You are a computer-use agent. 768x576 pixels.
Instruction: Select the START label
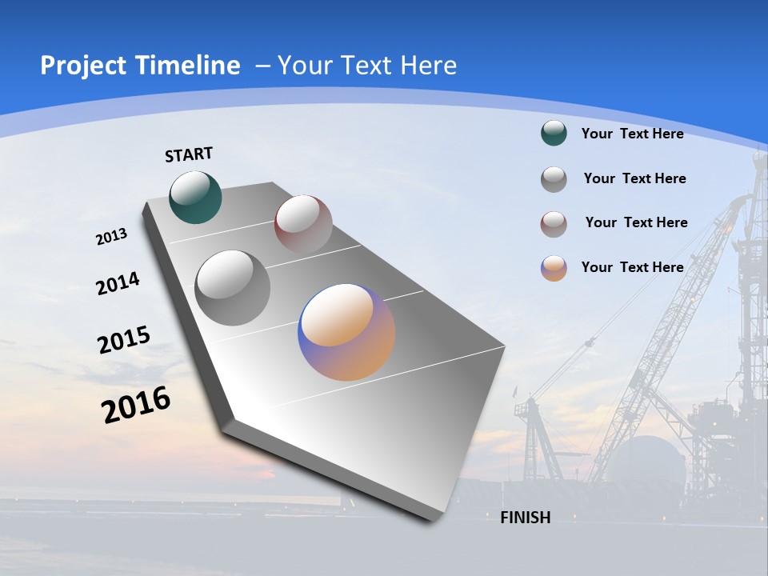tap(189, 154)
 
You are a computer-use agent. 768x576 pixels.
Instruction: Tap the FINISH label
tap(526, 518)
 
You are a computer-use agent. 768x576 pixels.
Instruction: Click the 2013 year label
tap(111, 237)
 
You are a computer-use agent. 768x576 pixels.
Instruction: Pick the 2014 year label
tap(118, 284)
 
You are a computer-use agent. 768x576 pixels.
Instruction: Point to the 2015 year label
tap(124, 340)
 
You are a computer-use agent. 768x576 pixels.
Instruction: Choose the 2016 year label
tap(136, 405)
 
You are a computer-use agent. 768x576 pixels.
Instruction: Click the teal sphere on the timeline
tap(195, 197)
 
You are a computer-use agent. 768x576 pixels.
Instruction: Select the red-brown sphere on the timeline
tap(303, 223)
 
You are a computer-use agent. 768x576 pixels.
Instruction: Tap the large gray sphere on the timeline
tap(233, 287)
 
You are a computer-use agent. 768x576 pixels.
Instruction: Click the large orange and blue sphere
tap(346, 332)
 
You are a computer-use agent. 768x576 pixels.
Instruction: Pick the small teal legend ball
tap(554, 134)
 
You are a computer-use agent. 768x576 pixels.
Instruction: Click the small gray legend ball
tap(554, 179)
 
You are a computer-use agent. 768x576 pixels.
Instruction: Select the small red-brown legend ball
tap(554, 224)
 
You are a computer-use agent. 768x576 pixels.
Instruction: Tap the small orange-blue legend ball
tap(554, 268)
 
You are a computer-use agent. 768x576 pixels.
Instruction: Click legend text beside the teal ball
tap(632, 134)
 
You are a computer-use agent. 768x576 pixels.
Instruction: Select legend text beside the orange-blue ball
tap(632, 267)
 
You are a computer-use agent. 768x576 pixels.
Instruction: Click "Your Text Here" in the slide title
tap(367, 66)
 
